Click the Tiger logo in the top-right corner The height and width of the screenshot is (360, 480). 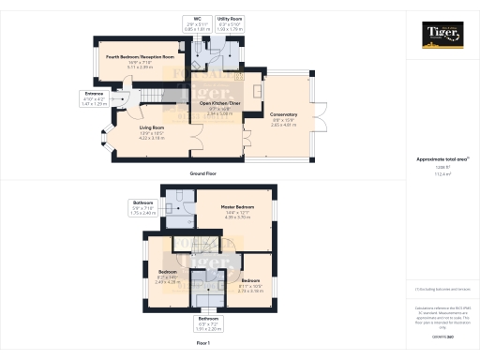click(442, 37)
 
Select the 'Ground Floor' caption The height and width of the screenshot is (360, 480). click(203, 174)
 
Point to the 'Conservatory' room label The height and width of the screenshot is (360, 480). click(285, 114)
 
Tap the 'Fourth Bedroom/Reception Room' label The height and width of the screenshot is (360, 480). click(134, 56)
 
